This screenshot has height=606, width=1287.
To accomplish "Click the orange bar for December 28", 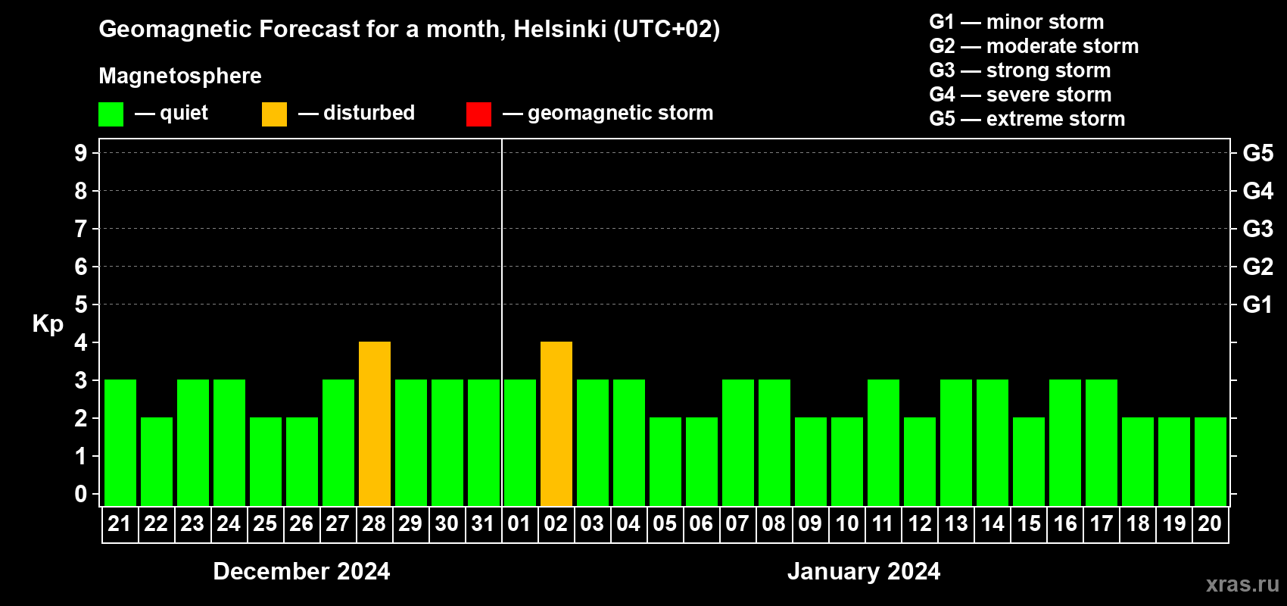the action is coord(375,423).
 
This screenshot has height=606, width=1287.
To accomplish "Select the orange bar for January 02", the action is coord(556,423).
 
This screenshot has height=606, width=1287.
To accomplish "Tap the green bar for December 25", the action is coord(266,461).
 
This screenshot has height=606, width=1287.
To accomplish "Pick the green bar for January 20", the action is coord(1210,461).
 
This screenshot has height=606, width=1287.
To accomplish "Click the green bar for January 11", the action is coord(883,442).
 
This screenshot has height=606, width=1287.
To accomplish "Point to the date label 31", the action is coord(483,523).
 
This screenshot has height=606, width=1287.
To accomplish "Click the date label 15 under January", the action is coord(1028,523).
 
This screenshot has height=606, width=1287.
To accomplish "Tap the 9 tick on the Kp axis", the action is coord(80,153).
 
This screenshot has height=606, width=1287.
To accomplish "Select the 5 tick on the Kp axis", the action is coord(80,305).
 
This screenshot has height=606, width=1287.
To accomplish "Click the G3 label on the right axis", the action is coord(1257,229).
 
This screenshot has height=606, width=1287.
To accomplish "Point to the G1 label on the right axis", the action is coord(1257,305).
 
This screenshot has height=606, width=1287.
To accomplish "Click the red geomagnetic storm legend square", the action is coord(479,114).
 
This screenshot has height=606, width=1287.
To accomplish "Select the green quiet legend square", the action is coord(111,114).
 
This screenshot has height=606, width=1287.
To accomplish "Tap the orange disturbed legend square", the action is coord(274,114).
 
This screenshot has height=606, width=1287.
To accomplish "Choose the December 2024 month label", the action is coord(301,571).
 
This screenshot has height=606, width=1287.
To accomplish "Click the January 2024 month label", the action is coord(864,571).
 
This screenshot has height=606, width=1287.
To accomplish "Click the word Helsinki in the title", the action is coord(559,29).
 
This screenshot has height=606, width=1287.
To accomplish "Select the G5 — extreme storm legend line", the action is coord(1027,119).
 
